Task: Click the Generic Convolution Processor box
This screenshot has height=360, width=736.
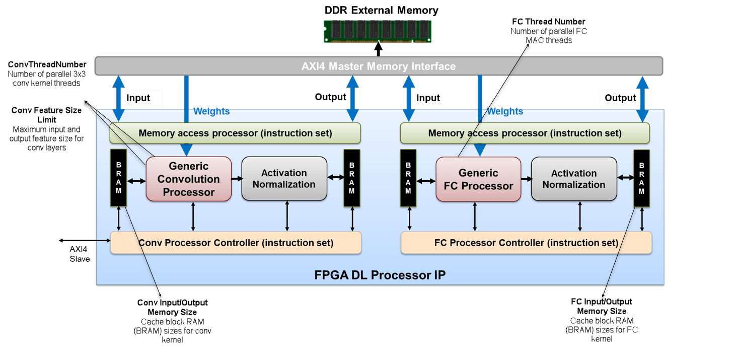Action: point(188,179)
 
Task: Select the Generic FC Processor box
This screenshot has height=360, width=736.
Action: point(478,179)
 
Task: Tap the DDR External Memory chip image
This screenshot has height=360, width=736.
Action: point(377,31)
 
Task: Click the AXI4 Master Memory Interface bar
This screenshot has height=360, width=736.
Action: point(378,66)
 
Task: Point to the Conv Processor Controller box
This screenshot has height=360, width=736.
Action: point(236,243)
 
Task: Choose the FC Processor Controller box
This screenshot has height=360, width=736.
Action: point(526,243)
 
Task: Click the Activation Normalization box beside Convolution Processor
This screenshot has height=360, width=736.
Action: point(284,179)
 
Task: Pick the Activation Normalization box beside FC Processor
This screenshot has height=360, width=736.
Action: point(574,179)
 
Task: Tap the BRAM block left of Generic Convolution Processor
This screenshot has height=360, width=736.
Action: point(118,178)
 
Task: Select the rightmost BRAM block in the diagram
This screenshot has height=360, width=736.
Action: point(641,178)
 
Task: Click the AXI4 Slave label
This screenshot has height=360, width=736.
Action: point(80,254)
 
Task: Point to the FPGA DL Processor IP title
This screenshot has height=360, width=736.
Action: point(380,275)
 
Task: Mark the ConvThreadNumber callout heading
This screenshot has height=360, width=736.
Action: point(47,64)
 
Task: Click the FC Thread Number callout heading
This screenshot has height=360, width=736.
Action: point(548,22)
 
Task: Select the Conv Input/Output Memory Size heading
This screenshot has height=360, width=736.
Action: point(173,307)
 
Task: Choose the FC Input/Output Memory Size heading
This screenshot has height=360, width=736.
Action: point(602,306)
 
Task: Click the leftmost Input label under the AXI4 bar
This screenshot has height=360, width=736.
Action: point(138,98)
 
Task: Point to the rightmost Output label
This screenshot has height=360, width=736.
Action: point(620,98)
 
